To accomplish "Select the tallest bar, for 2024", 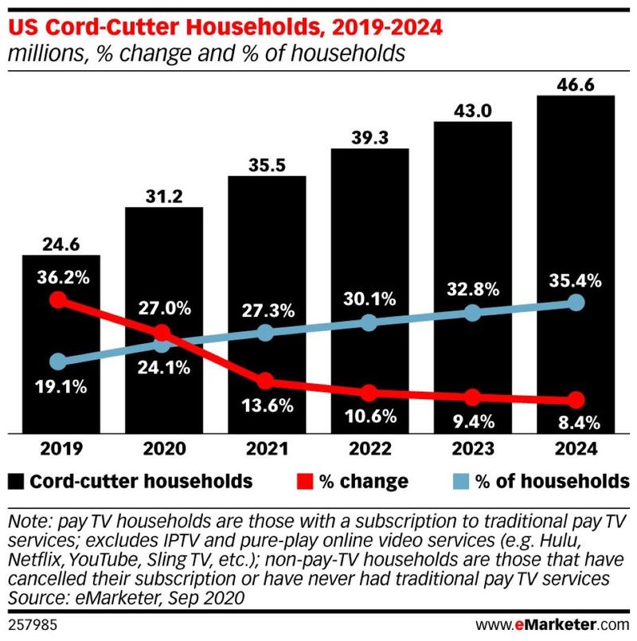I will pyautogui.click(x=577, y=239).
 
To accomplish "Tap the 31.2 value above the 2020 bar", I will pyautogui.click(x=164, y=195).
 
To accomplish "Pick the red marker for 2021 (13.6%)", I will pyautogui.click(x=265, y=381).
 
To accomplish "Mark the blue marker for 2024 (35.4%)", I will pyautogui.click(x=577, y=303).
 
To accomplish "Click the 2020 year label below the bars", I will pyautogui.click(x=162, y=449).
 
